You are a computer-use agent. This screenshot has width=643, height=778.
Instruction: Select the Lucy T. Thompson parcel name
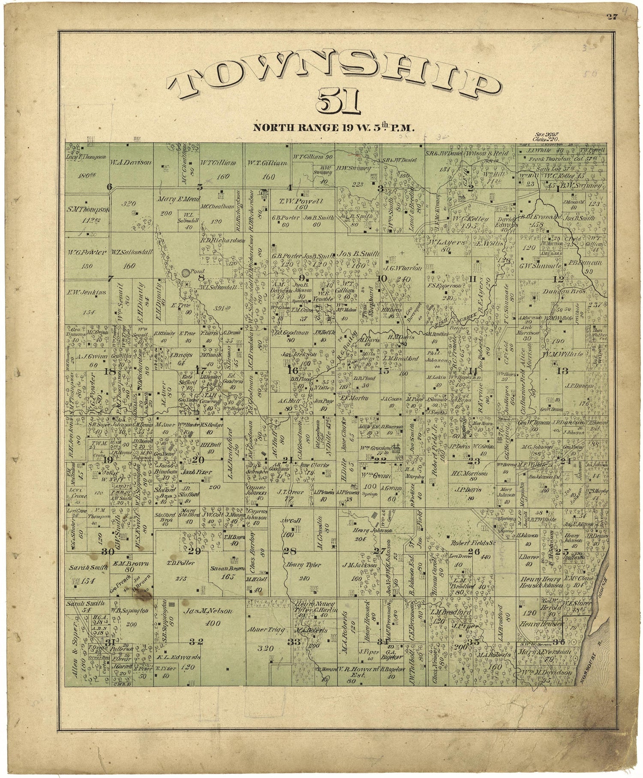tap(86, 157)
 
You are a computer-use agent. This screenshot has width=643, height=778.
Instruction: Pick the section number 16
tap(292, 370)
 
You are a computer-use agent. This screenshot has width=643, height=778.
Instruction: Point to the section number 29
tap(194, 551)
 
